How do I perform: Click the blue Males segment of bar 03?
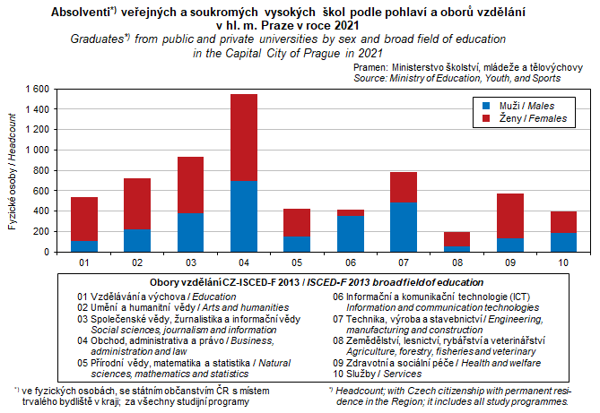click(x=190, y=232)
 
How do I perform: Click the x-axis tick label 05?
click(x=296, y=263)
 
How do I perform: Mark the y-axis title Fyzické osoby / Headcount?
click(x=13, y=170)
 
